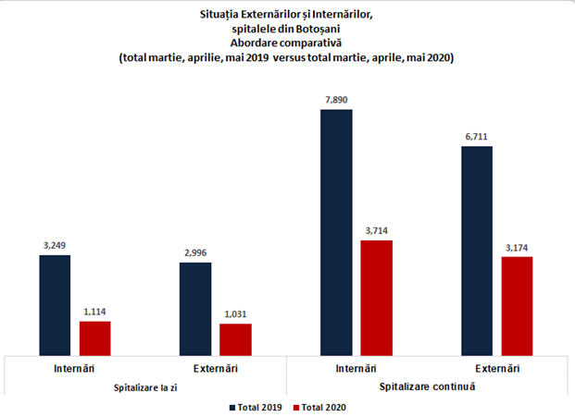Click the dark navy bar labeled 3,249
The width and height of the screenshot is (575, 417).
55,305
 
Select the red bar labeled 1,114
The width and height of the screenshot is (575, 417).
95,338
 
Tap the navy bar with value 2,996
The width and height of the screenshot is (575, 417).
195,309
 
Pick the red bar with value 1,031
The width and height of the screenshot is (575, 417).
235,339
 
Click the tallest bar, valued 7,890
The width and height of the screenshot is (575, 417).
336,232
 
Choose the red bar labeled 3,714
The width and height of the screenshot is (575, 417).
376,298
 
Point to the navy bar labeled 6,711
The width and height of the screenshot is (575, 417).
476,251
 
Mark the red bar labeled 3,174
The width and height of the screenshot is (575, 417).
517,306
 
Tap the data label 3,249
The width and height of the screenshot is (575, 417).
55,245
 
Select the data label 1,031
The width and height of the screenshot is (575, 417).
235,314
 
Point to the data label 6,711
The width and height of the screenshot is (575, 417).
476,137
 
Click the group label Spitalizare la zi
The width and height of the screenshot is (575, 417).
144,386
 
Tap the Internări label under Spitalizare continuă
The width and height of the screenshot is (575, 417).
356,369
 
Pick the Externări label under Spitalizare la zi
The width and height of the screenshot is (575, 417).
216,369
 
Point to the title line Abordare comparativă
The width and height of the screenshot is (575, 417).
286,43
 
